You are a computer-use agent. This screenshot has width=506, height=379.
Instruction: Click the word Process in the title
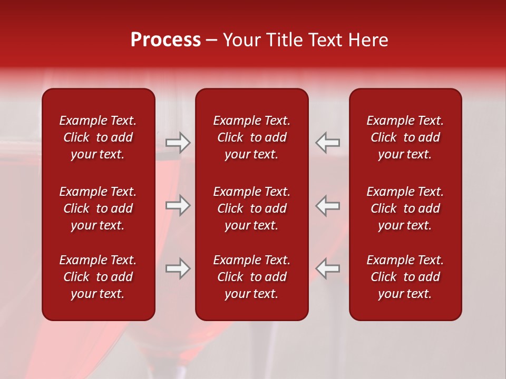pos(166,40)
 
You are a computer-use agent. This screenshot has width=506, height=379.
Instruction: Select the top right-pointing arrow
pos(178,142)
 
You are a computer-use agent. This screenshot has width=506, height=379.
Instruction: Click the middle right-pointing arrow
pos(178,205)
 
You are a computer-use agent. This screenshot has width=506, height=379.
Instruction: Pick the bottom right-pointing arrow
pos(178,268)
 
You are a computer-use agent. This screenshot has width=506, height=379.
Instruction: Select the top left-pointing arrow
pos(327,142)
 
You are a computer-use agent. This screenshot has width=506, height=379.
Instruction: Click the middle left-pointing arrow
pos(327,205)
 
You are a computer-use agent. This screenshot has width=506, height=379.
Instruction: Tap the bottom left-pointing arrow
pos(327,268)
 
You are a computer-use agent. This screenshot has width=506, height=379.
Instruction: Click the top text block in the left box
pos(98,137)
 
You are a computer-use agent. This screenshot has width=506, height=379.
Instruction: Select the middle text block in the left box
pos(98,208)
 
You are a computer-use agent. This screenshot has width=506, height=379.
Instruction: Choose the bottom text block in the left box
pos(98,277)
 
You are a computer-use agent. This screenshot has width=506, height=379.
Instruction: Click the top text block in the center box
pos(251,137)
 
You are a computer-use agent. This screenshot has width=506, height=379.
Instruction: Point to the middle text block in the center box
pos(251,208)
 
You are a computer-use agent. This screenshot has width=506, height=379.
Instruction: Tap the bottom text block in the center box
pos(251,277)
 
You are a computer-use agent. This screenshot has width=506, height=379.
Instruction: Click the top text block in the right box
pos(405,137)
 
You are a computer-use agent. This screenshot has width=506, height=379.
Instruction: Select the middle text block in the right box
pos(405,208)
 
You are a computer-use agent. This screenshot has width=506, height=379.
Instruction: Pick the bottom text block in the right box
pos(405,277)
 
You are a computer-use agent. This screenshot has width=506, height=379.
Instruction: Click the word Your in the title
pos(241,40)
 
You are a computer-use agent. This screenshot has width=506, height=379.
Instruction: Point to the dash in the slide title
pos(212,41)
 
